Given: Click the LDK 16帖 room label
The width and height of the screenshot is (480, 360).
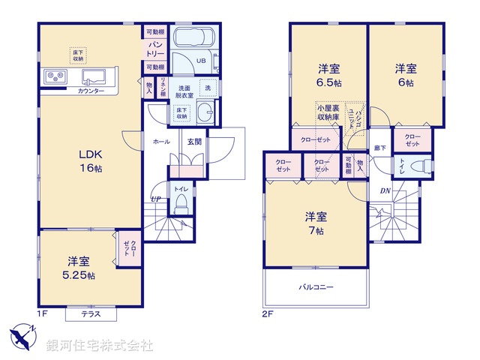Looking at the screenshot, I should click(x=90, y=161).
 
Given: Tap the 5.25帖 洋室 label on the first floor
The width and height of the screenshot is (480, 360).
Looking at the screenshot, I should click(x=79, y=268).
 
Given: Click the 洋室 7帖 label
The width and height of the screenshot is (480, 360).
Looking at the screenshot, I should click(x=315, y=223).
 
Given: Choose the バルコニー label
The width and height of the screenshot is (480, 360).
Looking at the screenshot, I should click(x=316, y=286).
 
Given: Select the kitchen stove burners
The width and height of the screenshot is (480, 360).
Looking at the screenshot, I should click(x=54, y=75).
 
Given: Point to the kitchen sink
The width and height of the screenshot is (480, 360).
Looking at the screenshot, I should click(x=95, y=76).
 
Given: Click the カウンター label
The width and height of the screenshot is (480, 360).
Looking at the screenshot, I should click(x=91, y=91).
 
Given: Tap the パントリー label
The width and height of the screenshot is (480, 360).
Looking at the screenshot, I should click(x=155, y=49).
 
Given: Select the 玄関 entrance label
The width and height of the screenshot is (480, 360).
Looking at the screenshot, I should click(x=193, y=142).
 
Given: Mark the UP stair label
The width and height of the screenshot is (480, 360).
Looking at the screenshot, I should click(x=155, y=199).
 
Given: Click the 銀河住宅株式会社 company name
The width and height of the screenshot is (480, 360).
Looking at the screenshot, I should click(x=99, y=346).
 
